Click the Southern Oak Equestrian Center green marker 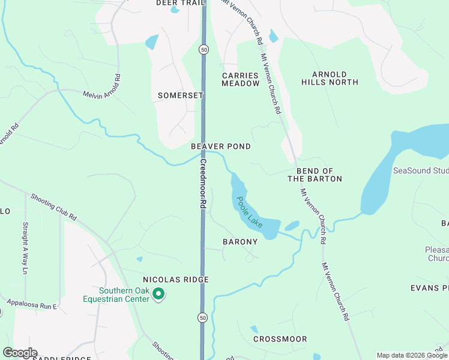coord(159,293)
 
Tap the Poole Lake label coord(250,212)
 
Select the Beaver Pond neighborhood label coord(221,146)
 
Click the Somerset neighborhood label coord(181,95)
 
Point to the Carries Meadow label coord(240,80)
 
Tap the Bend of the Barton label coord(315,175)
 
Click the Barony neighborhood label coord(240,242)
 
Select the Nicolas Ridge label coord(176,280)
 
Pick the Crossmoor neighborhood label coord(280,339)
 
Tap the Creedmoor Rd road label coord(203,184)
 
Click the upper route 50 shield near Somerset coord(205,50)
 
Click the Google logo coord(20,353)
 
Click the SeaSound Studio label coord(421,171)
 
